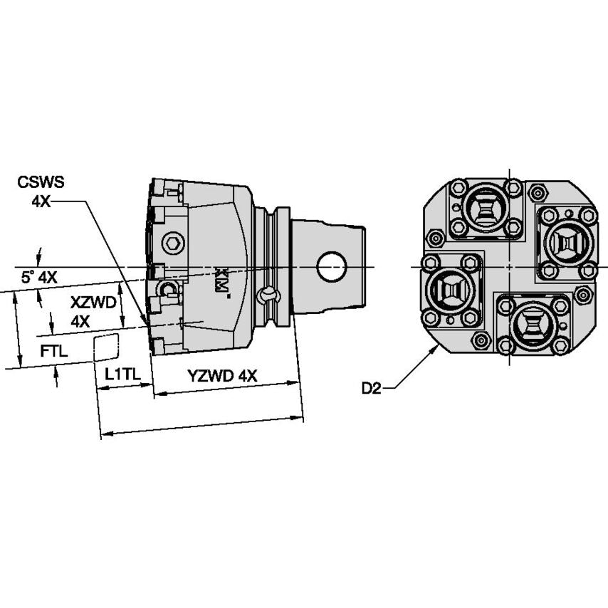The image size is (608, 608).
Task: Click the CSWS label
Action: [x=41, y=182]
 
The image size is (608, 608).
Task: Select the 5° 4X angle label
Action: [x=39, y=278]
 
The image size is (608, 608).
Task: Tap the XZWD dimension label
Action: [x=93, y=303]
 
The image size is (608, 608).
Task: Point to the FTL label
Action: [x=54, y=351]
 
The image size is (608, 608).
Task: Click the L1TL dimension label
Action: [x=122, y=374]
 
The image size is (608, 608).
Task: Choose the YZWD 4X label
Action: [x=222, y=375]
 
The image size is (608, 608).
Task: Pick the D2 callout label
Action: [x=372, y=388]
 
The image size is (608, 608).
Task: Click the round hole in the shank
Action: [x=332, y=267]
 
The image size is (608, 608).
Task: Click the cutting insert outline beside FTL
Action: [x=106, y=347]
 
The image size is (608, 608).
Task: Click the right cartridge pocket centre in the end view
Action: [x=567, y=243]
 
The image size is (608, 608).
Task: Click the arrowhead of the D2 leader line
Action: [x=436, y=347]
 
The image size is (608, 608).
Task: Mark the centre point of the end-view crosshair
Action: [x=509, y=267]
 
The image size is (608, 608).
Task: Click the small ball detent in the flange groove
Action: [x=268, y=295]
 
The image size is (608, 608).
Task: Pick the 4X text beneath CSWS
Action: [x=41, y=201]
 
